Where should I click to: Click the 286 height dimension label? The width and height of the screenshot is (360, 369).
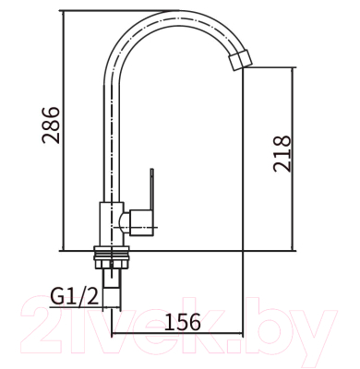coord(51,125)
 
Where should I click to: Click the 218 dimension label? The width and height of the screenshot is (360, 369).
coord(282,153)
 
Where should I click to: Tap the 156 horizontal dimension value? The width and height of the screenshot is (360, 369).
coord(183,322)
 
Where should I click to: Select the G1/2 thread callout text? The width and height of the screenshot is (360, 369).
coord(75,297)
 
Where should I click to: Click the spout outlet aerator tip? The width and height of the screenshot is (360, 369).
coord(240,60)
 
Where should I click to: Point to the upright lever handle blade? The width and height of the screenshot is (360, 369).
coord(151,188)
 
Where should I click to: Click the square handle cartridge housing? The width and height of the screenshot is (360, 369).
coord(141,223)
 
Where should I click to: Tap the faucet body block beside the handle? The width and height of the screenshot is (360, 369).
coord(112,224)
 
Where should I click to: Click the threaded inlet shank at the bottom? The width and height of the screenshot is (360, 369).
coord(112,288)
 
